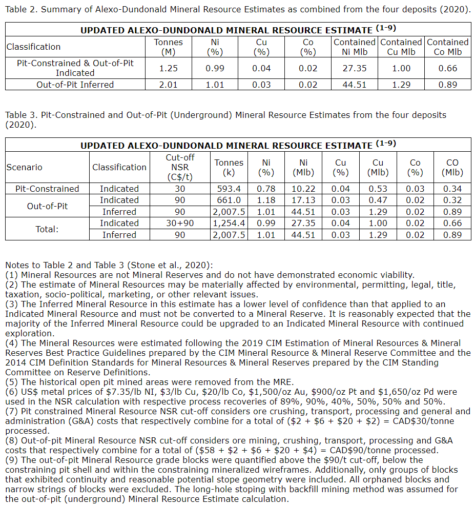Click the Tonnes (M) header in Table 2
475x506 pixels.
168,47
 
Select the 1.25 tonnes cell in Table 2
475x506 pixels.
168,68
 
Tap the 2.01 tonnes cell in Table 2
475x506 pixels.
168,85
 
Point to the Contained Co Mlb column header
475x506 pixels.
447,47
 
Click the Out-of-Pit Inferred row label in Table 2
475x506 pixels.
75,85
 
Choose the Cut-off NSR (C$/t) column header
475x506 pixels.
180,167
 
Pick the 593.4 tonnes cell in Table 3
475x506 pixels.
229,189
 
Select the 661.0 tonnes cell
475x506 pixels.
229,200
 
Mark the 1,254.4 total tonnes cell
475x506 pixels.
229,223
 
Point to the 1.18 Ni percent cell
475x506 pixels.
265,200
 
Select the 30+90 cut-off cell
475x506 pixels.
180,223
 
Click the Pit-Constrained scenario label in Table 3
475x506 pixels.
47,189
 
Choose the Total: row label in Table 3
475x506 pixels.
47,229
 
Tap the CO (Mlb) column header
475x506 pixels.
452,167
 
